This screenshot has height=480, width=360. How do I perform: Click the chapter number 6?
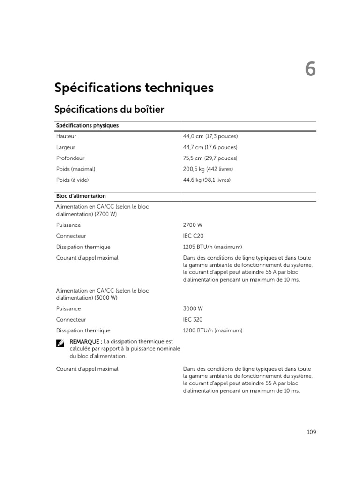click(310, 69)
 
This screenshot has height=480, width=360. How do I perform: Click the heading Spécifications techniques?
click(134, 88)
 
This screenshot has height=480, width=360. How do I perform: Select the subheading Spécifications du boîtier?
click(109, 109)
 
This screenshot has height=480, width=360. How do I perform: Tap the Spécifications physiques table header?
click(87, 126)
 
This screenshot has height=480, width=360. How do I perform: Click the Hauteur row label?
click(66, 136)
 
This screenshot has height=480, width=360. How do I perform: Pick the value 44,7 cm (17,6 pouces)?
click(210, 147)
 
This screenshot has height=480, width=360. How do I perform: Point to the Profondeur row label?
click(70, 158)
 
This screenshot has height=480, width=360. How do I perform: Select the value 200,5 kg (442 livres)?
click(208, 169)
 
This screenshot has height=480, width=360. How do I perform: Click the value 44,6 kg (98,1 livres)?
click(207, 180)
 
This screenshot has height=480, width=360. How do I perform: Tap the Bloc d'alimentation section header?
click(81, 196)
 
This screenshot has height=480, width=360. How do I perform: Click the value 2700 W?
click(193, 225)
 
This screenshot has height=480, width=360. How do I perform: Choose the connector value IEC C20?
click(194, 236)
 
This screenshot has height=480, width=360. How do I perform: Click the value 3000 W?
click(193, 308)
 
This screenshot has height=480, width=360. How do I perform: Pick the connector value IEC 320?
click(193, 319)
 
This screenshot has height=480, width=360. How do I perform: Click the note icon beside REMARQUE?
click(60, 343)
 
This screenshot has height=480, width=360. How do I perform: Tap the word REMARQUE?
click(84, 341)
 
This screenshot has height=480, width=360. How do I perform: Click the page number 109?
click(311, 432)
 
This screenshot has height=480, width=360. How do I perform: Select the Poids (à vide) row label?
click(72, 180)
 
